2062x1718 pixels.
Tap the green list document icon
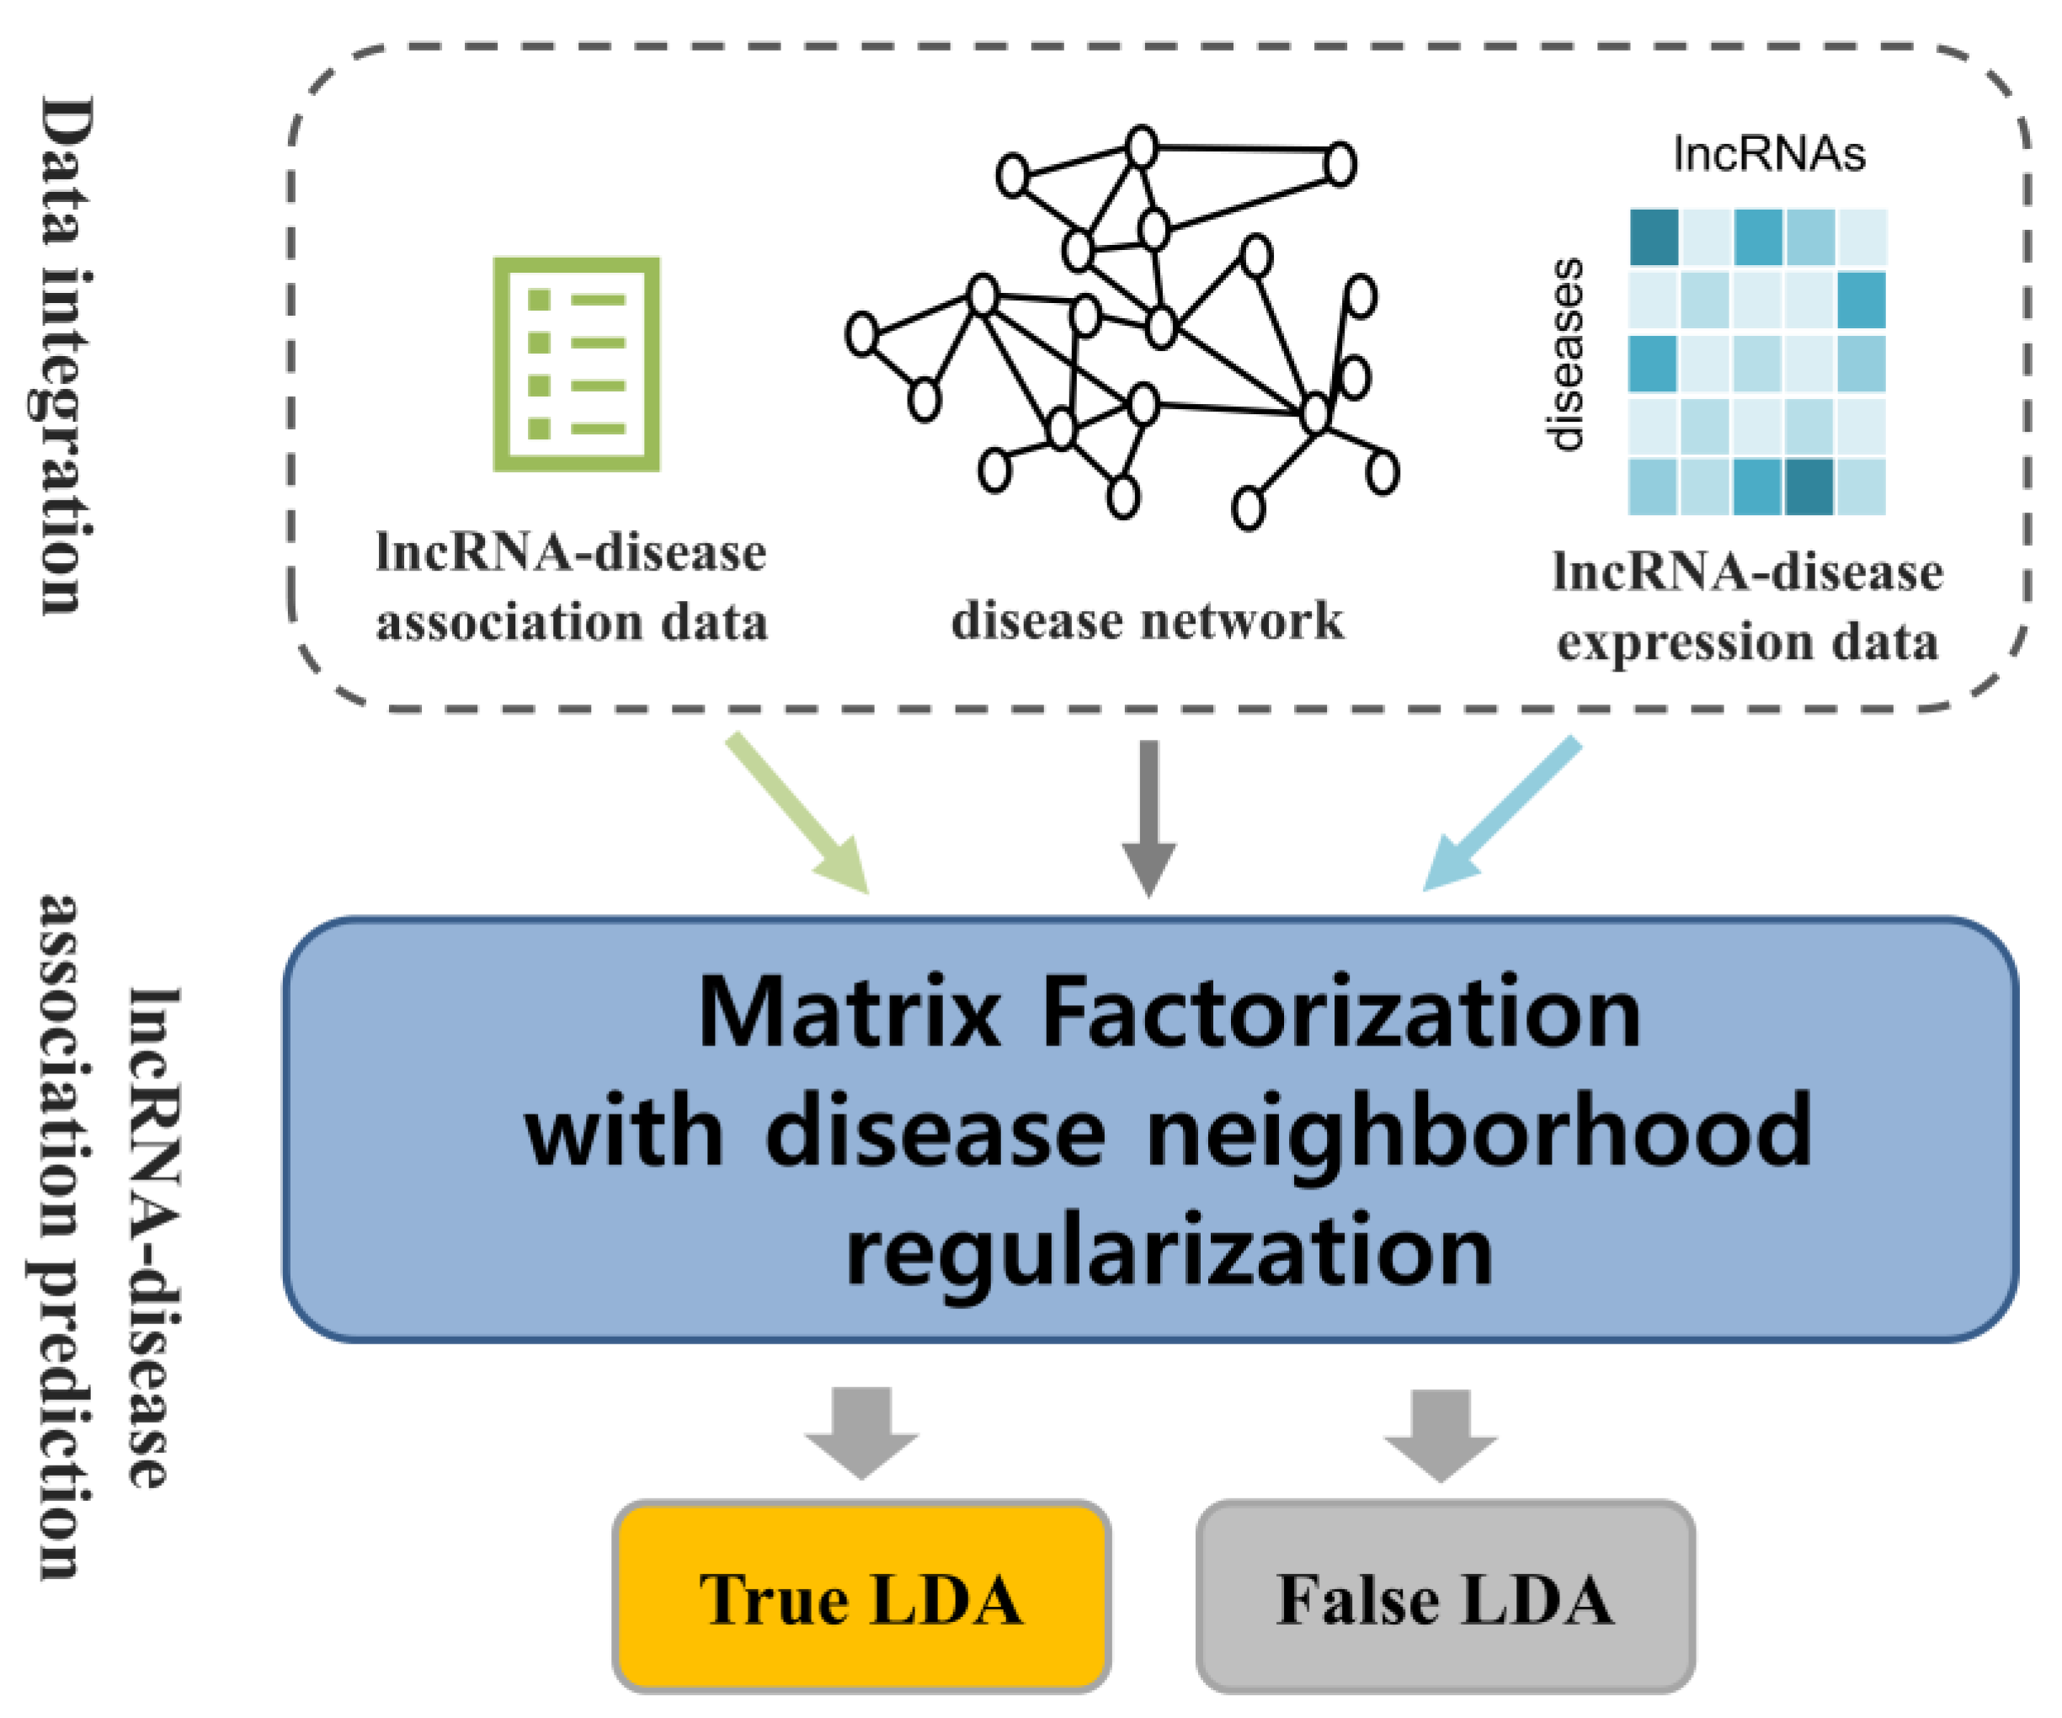coord(577,364)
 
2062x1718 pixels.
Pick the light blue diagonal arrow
coord(1502,813)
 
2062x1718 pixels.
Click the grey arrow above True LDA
coord(862,1429)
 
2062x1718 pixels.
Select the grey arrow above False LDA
coord(1441,1431)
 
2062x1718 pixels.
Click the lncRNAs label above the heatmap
coord(1768,154)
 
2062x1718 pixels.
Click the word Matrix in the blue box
coord(850,1014)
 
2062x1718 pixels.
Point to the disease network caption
coord(1147,620)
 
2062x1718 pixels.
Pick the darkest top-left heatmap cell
coord(1654,237)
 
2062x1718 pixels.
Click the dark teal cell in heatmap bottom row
coord(1809,487)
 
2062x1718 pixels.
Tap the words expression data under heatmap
coord(1748,642)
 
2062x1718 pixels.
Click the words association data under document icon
coord(572,622)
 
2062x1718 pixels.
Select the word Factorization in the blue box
coord(1340,1014)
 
